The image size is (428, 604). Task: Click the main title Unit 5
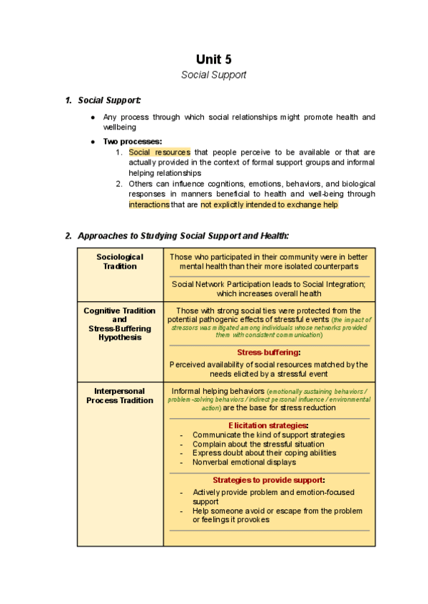(x=214, y=59)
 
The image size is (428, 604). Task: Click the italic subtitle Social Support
(x=214, y=74)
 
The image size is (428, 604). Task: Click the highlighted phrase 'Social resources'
(x=159, y=152)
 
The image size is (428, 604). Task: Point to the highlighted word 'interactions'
(x=149, y=204)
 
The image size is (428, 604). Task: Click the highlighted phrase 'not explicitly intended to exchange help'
(x=269, y=204)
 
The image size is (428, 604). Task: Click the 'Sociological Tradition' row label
(x=120, y=261)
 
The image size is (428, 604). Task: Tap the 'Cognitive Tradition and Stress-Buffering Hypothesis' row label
(x=120, y=324)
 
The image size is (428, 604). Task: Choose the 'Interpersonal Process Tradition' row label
(x=120, y=395)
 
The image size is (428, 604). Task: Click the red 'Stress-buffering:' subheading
(x=269, y=352)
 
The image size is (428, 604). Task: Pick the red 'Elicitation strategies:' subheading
(x=269, y=425)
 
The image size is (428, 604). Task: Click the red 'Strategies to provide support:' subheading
(x=269, y=479)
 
